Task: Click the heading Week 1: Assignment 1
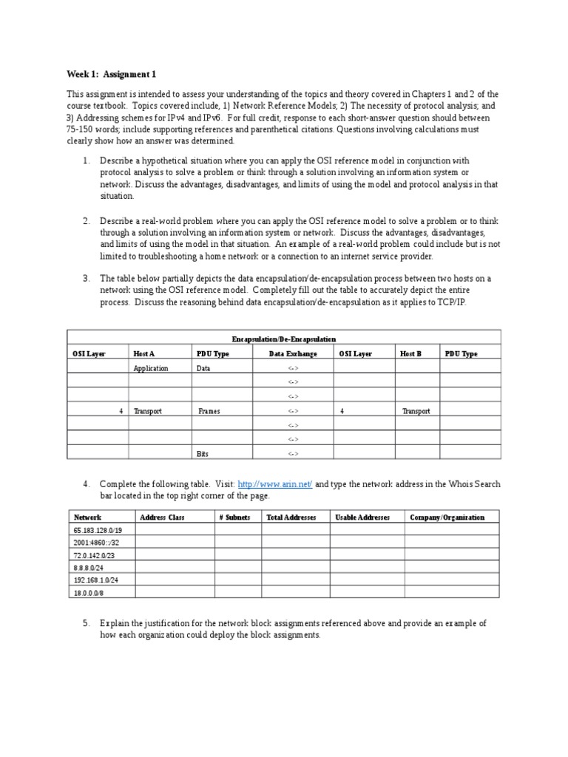click(111, 75)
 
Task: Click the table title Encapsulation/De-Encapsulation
click(283, 339)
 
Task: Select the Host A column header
click(144, 354)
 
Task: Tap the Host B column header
click(410, 354)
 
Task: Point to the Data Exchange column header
click(293, 354)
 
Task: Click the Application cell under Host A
click(151, 368)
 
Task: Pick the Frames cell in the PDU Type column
click(209, 411)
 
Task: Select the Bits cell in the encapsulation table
click(202, 454)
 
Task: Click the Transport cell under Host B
click(416, 411)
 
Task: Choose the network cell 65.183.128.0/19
click(98, 531)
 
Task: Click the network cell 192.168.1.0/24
click(95, 580)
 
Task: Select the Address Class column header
click(162, 517)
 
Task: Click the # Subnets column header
click(234, 517)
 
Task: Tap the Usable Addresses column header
click(362, 517)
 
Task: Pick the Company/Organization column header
click(447, 517)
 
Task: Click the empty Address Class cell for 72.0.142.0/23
click(174, 556)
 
